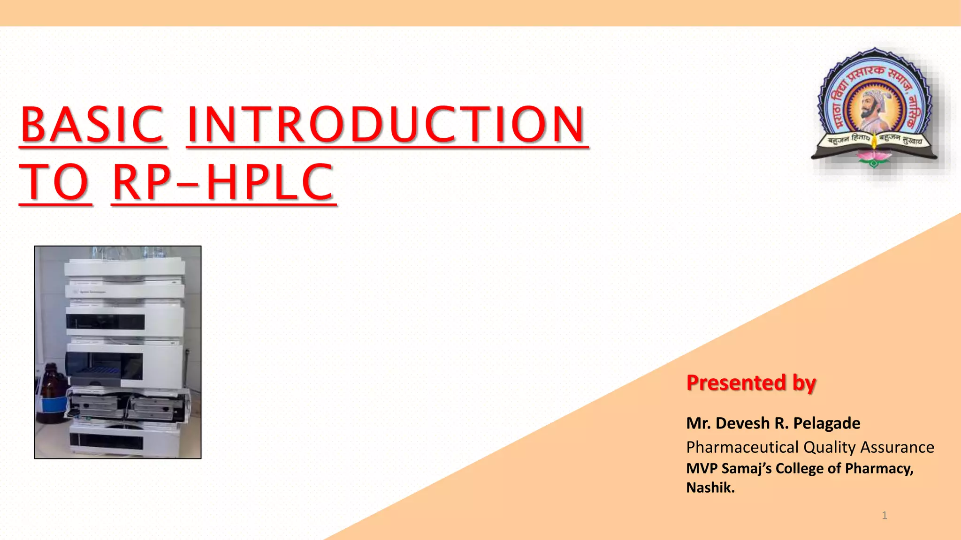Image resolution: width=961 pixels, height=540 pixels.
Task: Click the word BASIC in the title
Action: click(x=92, y=124)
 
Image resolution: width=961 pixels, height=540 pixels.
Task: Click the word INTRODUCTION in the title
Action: click(x=387, y=124)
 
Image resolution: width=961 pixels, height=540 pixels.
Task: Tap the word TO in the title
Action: click(x=55, y=182)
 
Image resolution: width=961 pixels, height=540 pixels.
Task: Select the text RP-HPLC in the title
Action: click(x=223, y=182)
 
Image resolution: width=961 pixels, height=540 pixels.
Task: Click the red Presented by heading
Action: click(x=751, y=383)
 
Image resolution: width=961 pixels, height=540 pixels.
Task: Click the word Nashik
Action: click(x=710, y=488)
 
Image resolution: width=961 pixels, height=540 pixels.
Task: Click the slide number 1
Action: click(x=885, y=516)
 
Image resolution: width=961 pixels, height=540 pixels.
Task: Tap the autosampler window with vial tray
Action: click(x=104, y=366)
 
